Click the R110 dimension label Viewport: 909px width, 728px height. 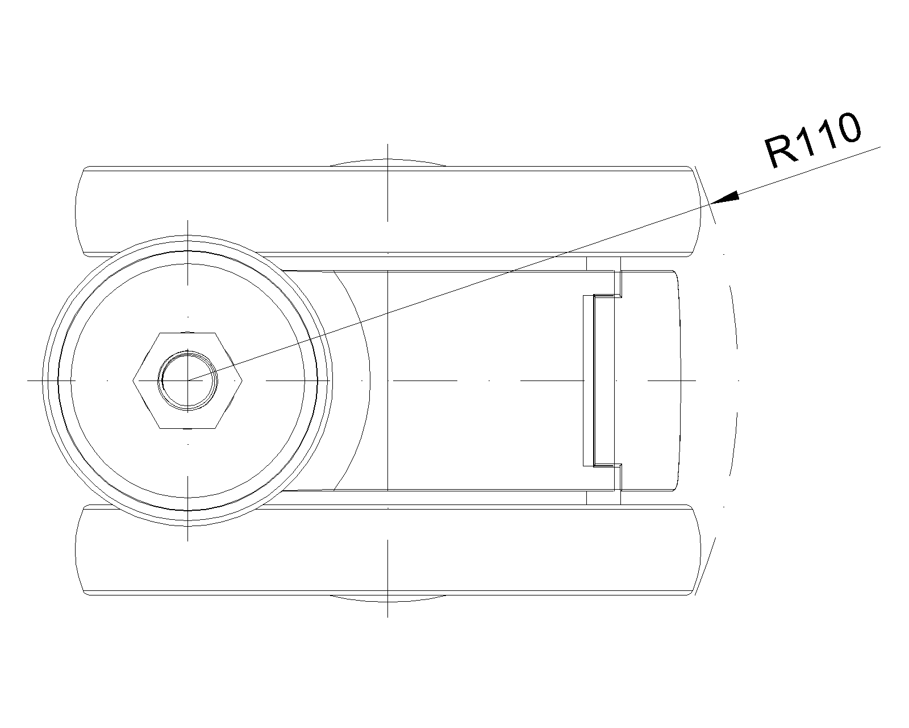(812, 139)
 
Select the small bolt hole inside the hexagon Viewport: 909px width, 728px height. (187, 380)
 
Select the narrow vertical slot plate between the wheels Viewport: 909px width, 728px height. (589, 380)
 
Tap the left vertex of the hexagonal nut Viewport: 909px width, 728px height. (134, 380)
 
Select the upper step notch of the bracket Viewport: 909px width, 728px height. (618, 290)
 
